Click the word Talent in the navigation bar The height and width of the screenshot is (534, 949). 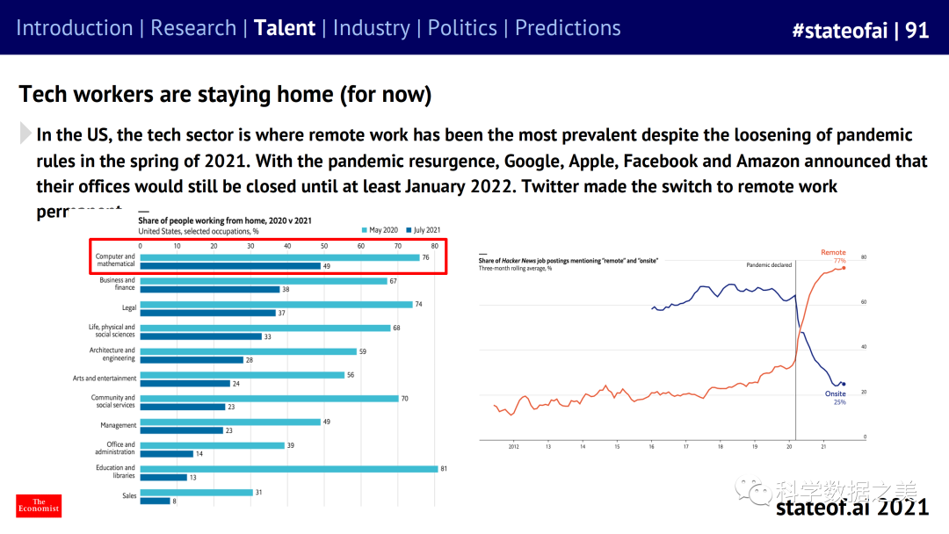284,28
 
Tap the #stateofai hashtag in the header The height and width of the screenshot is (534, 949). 838,30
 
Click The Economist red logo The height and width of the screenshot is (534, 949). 40,505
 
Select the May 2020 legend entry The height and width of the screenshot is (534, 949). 380,230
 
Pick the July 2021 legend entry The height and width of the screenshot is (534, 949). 429,230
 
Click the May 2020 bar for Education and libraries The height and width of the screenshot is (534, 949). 288,469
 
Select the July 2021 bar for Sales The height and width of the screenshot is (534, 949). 155,502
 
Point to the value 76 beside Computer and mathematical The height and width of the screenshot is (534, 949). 425,257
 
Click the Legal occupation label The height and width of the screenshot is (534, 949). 128,308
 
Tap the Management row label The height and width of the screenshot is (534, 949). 118,426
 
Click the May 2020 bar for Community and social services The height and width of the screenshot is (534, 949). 269,399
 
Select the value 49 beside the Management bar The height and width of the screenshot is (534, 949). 326,422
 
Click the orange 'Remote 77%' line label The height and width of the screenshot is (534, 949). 833,256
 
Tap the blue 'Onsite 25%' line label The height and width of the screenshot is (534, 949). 835,398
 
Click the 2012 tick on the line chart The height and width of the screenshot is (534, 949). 514,446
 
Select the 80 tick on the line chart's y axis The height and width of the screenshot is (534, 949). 864,257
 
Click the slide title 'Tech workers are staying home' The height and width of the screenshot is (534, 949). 225,95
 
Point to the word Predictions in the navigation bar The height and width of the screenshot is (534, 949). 568,28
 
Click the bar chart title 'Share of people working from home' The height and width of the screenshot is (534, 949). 225,220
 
